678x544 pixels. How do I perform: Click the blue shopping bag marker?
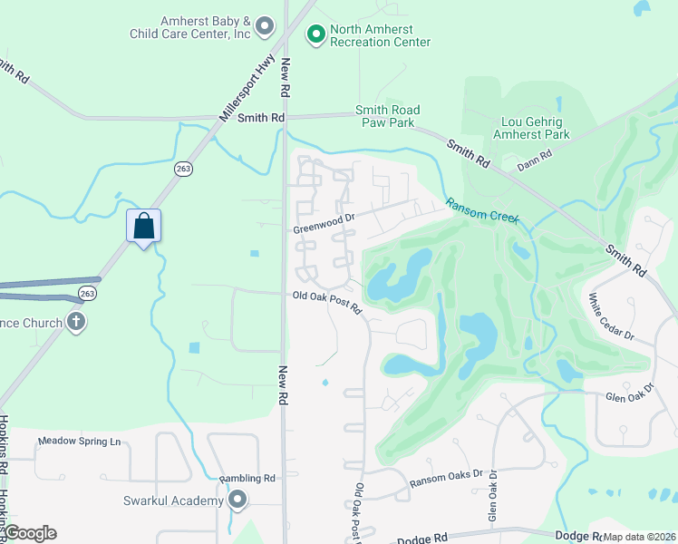click(144, 226)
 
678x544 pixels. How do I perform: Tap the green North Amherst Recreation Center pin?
click(315, 34)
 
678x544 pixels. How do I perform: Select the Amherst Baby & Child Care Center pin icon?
click(265, 26)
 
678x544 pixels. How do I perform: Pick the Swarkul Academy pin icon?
click(237, 500)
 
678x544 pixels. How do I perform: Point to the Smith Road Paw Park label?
click(388, 116)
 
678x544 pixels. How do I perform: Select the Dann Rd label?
click(534, 165)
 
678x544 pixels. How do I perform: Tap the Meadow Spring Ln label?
click(79, 442)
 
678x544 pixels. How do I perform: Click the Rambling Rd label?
click(247, 478)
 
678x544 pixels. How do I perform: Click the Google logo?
click(29, 533)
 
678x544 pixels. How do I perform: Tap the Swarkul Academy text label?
click(173, 500)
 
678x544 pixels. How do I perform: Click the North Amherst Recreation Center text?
click(380, 35)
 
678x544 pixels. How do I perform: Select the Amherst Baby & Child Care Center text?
click(192, 27)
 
